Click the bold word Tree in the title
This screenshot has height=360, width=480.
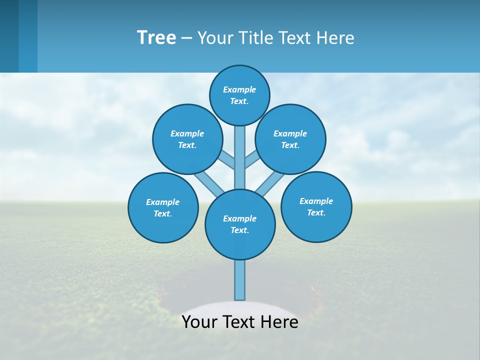coord(156,37)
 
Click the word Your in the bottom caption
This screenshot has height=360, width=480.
coord(199,322)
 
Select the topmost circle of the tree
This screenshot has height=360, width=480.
coord(239,95)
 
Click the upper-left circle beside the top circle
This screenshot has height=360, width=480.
coord(187,139)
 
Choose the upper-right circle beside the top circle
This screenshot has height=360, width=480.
coord(290,139)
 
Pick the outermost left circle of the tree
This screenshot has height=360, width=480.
coord(163,207)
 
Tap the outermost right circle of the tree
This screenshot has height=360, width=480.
coord(316,206)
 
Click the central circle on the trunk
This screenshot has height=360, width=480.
coord(240,224)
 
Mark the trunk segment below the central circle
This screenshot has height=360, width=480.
coord(240,280)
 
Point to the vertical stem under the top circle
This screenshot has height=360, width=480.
coord(240,157)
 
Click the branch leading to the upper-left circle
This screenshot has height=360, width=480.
coord(227,161)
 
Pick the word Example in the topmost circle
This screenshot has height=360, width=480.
coord(239,89)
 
